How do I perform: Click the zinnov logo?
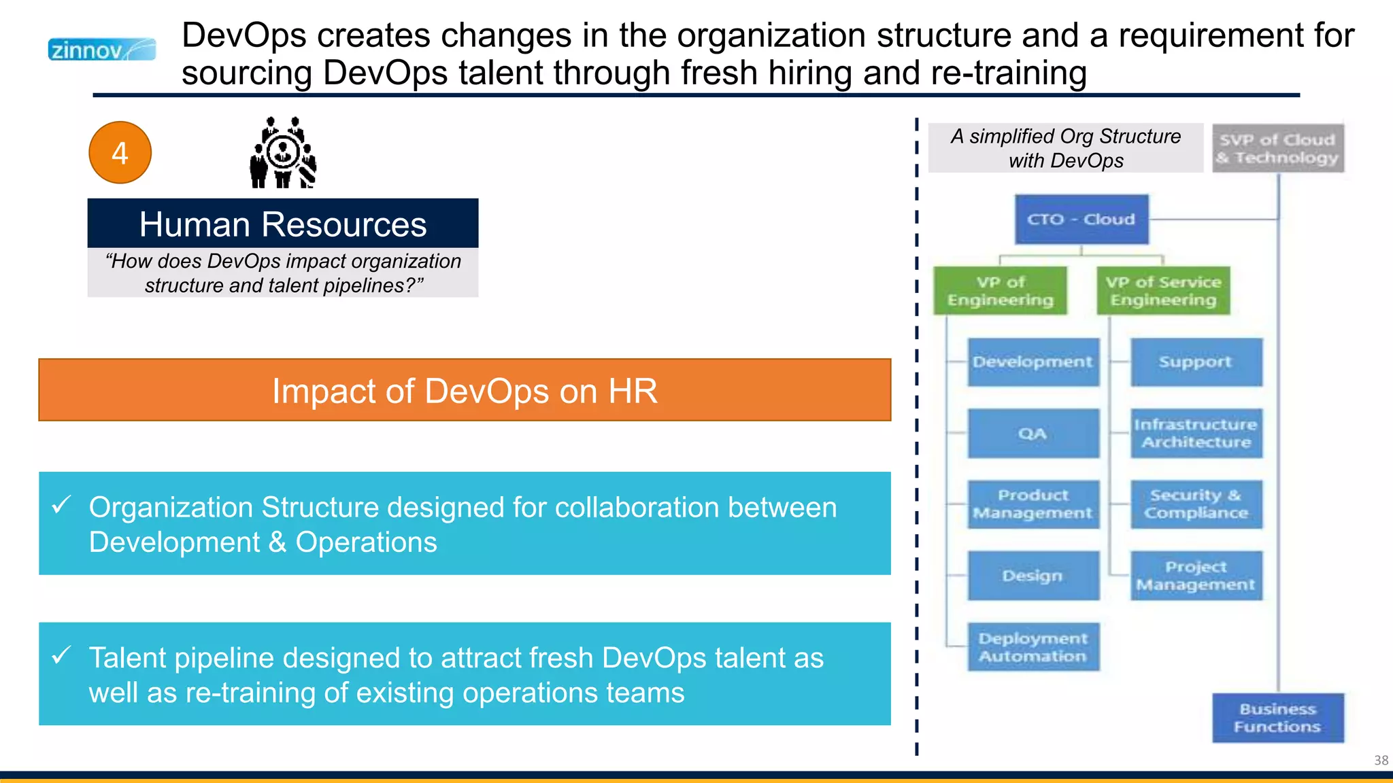(102, 50)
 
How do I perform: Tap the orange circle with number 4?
(120, 153)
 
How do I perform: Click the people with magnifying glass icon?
(283, 153)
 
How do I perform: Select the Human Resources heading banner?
(283, 224)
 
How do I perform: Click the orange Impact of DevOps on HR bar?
(465, 390)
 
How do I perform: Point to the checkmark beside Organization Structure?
(61, 505)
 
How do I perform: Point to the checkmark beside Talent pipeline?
(61, 655)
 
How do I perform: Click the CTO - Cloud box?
(1081, 220)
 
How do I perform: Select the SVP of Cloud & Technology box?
(1277, 148)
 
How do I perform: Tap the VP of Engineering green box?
(1000, 291)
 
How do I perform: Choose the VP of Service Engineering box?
(1163, 291)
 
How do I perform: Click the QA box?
(1033, 433)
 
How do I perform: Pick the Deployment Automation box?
(1033, 647)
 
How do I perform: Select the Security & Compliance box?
(1196, 504)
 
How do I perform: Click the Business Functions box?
(1277, 718)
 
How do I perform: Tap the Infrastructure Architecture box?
(1196, 433)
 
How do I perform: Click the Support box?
(1196, 362)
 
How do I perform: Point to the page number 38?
(1381, 760)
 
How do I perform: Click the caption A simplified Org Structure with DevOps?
(1065, 148)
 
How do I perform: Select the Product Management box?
(1033, 504)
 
